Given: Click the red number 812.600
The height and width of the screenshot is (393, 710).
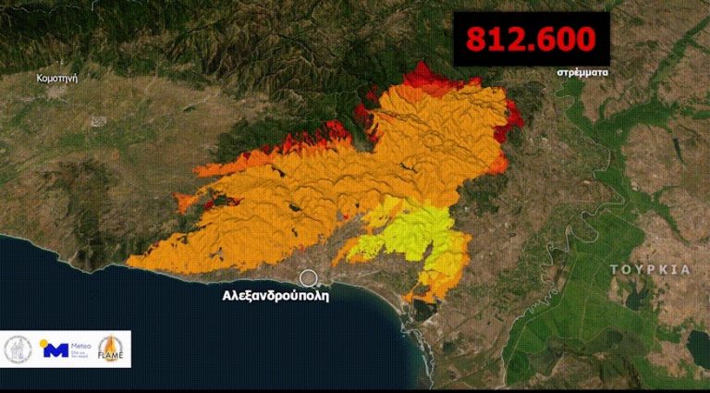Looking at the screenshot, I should coord(531,40).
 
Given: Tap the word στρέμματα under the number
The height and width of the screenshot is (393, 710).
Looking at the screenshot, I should coord(583,71).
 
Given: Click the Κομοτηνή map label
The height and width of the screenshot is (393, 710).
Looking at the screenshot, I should coord(56,79).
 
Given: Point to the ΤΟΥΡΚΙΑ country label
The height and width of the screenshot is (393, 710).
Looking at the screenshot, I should coord(650,269).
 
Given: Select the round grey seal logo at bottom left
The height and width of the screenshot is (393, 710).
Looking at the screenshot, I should coord(19,350).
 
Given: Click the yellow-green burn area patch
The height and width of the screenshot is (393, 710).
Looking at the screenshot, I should coord(407,234).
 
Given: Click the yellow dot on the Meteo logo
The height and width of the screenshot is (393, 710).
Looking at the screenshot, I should coord(43,342).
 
